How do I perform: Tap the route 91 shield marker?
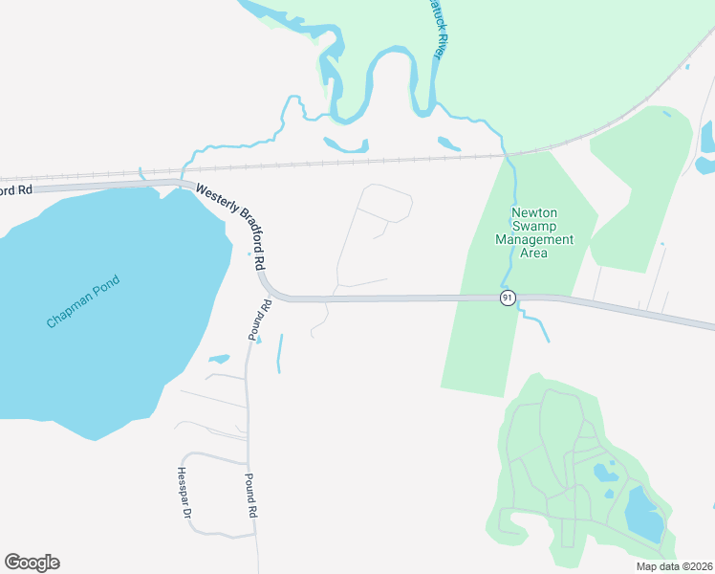pos(508,298)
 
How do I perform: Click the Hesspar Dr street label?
pos(185,493)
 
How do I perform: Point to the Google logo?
pos(32,563)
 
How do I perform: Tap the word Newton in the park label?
pos(534,213)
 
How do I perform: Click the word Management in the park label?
pos(535,240)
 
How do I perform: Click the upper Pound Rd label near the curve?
pos(261,320)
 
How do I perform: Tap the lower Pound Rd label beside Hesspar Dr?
pos(250,495)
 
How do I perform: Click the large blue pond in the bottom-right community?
pos(644,515)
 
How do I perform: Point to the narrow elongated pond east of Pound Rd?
pos(279,353)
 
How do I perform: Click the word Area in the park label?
pos(534,254)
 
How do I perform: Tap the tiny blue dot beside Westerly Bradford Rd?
pos(249,254)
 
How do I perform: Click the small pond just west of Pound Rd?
pos(219,359)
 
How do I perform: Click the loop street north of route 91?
pos(385,203)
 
